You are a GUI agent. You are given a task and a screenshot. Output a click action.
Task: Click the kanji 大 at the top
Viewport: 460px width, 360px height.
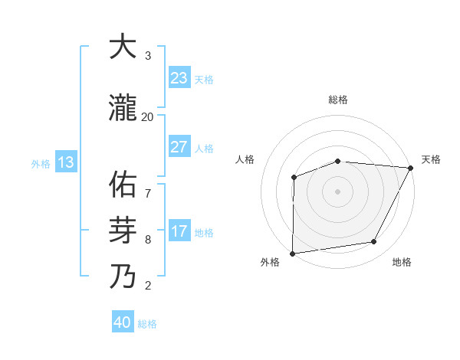point(123,47)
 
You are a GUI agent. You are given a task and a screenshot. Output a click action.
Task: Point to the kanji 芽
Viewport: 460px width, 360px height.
point(123,230)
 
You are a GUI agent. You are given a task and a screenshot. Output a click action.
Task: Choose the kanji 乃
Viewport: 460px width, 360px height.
point(123,276)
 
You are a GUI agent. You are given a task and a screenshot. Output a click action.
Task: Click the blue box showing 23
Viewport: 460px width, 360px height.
point(179,78)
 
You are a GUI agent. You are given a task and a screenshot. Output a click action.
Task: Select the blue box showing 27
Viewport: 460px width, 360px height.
point(179,147)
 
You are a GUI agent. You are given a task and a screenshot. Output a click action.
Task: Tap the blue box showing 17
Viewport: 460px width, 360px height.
point(179,231)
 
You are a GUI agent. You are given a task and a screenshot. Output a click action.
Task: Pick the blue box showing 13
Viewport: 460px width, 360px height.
point(65,162)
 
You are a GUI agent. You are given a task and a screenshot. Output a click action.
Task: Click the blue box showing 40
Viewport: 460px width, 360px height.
point(123,322)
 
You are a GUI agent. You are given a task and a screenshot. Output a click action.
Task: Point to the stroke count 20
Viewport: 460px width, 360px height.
point(147,117)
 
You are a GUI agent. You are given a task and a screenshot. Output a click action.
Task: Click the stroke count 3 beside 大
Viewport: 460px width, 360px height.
point(147,56)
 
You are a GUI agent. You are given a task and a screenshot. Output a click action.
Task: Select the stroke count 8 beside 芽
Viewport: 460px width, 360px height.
point(147,240)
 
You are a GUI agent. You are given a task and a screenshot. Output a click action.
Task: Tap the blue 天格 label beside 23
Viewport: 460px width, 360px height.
point(204,79)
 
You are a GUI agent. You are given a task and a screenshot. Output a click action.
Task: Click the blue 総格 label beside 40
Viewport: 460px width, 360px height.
point(147,323)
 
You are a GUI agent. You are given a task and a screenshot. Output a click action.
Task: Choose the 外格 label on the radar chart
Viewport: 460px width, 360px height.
point(270,262)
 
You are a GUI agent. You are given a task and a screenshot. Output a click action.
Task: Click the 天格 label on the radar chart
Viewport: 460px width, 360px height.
point(431,159)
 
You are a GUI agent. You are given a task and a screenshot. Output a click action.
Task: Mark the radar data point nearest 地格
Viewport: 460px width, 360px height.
point(374,242)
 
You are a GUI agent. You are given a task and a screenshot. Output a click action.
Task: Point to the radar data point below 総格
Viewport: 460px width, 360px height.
point(338,161)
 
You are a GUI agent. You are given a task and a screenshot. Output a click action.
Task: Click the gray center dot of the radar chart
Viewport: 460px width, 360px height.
point(337,191)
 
